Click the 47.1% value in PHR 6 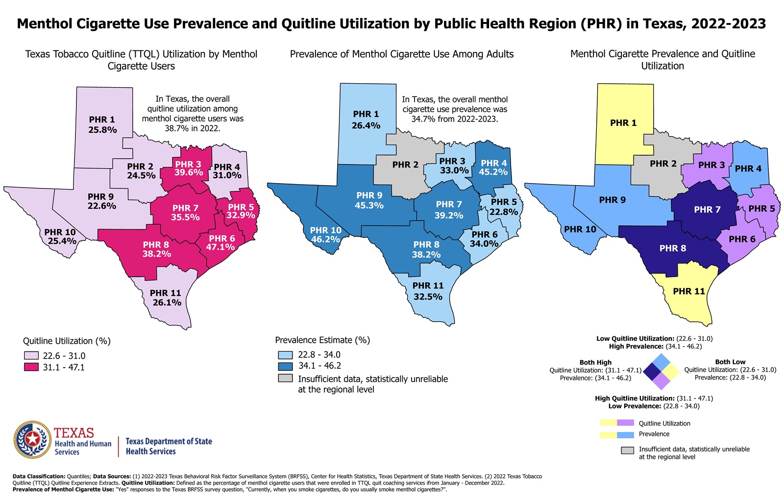click(220, 247)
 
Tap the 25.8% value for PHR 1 click(102, 130)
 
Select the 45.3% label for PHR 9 click(369, 206)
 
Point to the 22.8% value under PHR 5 click(504, 212)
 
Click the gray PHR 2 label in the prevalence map click(405, 165)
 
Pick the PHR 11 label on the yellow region click(688, 291)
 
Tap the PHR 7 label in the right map click(707, 210)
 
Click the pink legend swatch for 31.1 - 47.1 click(31, 367)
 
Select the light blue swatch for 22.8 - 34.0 click(285, 354)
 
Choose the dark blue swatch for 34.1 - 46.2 click(285, 366)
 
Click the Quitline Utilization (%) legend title click(67, 341)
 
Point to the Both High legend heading click(595, 362)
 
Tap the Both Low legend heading click(730, 362)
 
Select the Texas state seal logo click(32, 439)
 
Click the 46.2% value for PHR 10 click(325, 239)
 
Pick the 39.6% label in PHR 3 click(189, 173)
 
